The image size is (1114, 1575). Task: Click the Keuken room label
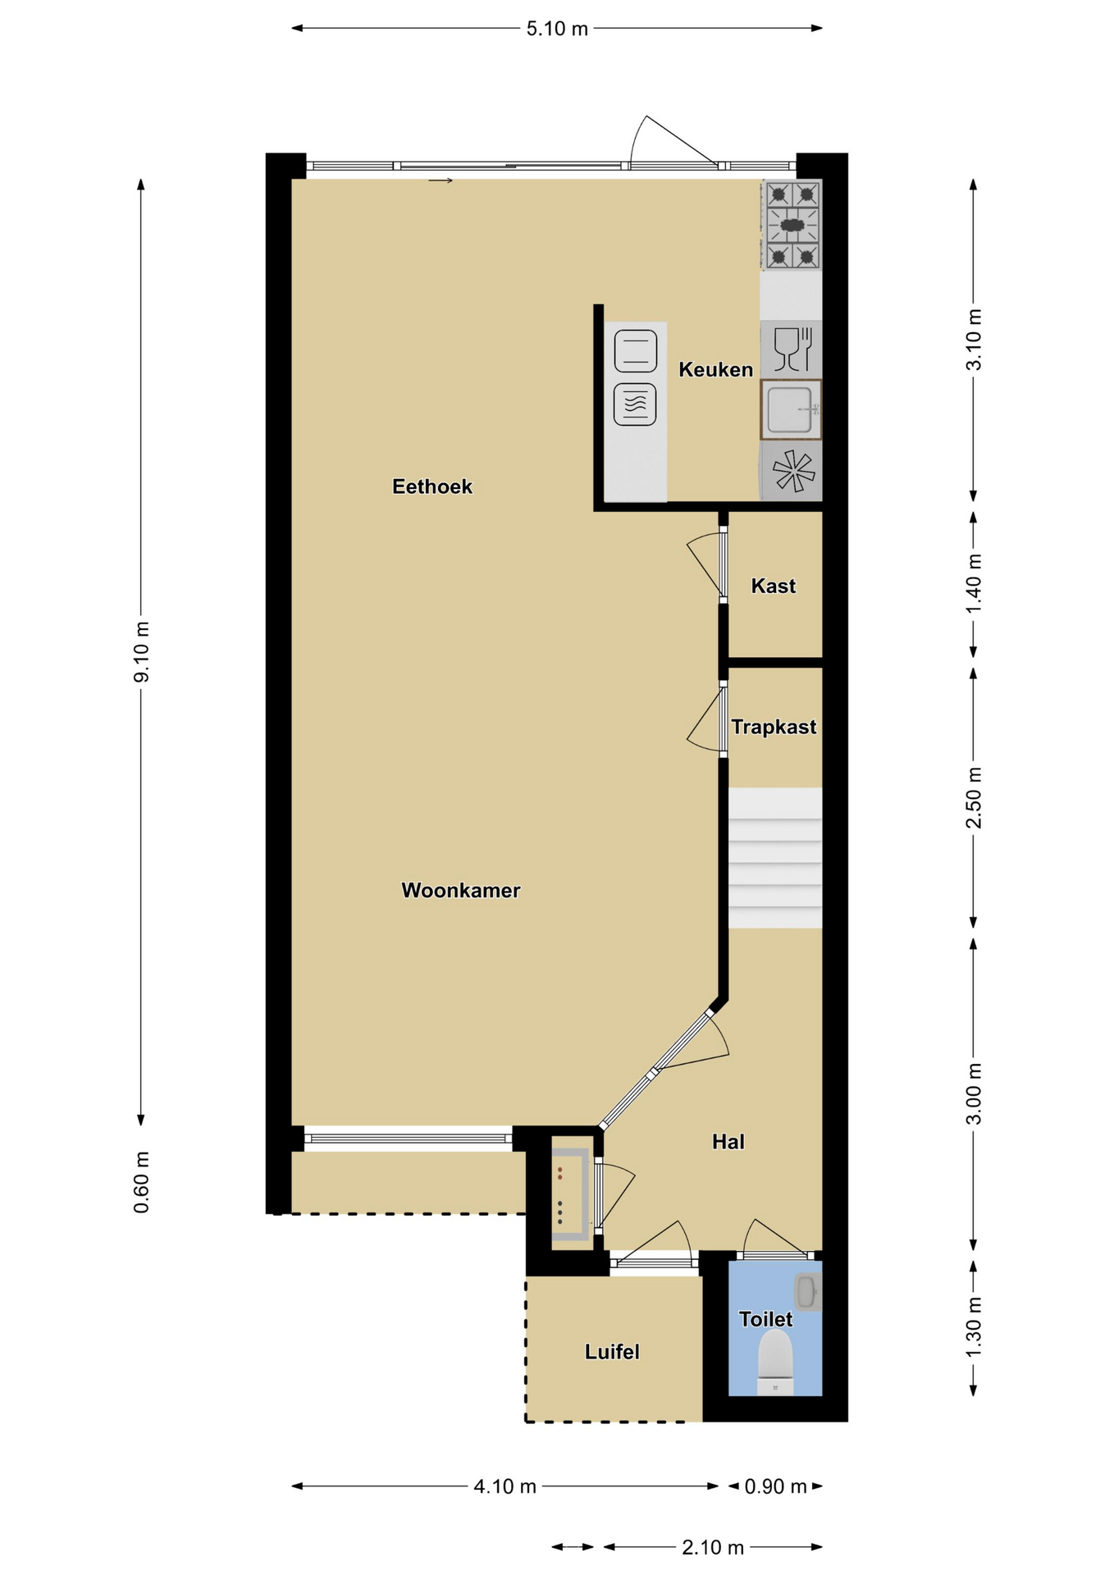point(715,370)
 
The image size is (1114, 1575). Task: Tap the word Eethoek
point(432,486)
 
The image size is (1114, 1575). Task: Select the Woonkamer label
point(460,890)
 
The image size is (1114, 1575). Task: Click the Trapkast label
point(774,728)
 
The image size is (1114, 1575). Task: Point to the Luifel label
point(612,1352)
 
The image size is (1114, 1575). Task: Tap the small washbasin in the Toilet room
point(808,1291)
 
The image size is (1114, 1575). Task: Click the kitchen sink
point(791,409)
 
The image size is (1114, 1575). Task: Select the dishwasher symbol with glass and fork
point(792,349)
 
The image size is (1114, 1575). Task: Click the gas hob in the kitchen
point(792,225)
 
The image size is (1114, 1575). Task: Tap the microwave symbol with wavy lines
point(635,404)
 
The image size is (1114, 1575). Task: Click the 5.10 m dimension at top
point(557,29)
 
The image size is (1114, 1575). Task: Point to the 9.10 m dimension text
point(142,652)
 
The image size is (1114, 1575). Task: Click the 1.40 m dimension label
point(974,583)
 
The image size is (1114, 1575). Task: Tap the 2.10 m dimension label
point(713,1547)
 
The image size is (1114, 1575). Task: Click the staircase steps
point(775,858)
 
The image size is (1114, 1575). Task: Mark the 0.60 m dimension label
point(142,1182)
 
